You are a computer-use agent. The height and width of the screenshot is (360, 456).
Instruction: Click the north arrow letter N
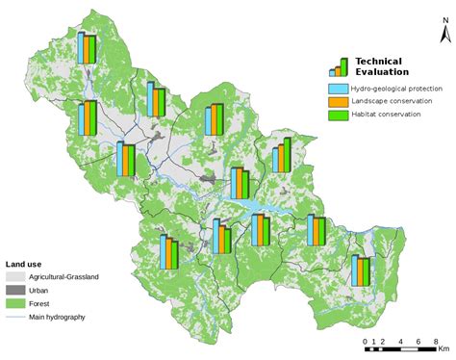point(443,34)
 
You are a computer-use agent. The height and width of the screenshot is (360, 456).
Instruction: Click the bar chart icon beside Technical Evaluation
point(339,65)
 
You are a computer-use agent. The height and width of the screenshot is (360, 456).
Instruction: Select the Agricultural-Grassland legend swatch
point(14,277)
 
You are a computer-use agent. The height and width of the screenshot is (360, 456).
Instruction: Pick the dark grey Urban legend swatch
point(14,290)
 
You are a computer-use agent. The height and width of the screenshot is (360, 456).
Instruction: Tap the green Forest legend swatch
point(14,303)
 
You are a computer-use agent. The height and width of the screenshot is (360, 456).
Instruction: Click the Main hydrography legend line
point(14,317)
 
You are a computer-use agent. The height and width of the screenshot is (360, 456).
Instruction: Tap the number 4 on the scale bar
point(397,343)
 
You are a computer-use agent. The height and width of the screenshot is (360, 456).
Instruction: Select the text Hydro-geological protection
point(393,88)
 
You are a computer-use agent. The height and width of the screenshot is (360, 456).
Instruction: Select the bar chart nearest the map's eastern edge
point(362,270)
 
